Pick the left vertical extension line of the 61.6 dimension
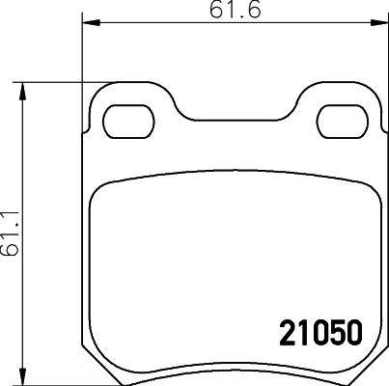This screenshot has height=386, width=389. click(x=80, y=58)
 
